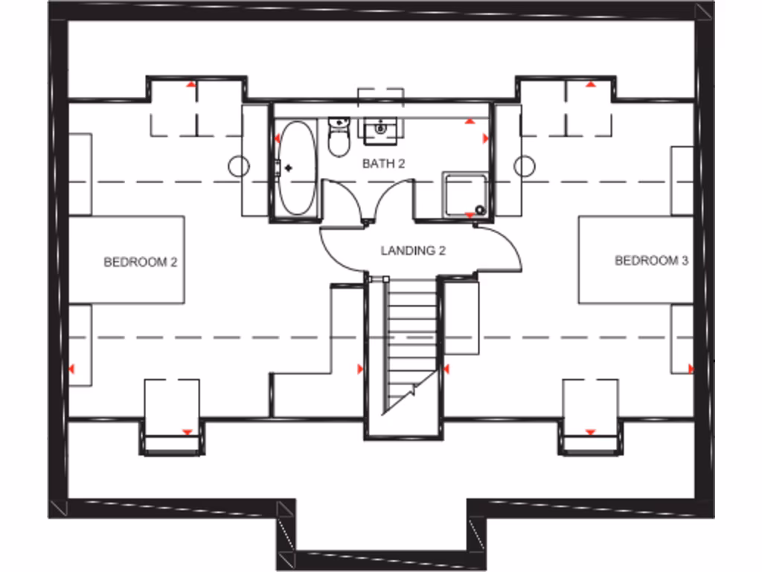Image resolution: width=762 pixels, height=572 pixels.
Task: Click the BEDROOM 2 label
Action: [x=140, y=262]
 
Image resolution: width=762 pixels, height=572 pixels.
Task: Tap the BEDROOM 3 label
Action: [x=651, y=261]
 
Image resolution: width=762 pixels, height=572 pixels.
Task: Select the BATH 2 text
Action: [x=383, y=164]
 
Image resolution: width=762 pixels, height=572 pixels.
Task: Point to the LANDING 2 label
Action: [x=413, y=251]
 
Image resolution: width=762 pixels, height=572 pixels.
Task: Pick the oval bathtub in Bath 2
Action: [x=298, y=168]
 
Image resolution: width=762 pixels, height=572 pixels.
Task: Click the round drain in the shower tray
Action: [x=480, y=210]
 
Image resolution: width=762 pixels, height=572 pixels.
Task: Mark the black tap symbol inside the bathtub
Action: [x=288, y=168]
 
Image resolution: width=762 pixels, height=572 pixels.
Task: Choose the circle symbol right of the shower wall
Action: [x=524, y=165]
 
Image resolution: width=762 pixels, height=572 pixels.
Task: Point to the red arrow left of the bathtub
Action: [x=277, y=139]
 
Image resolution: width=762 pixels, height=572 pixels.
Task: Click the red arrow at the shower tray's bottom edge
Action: [x=470, y=215]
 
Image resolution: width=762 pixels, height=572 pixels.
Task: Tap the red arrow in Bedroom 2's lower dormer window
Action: [x=187, y=432]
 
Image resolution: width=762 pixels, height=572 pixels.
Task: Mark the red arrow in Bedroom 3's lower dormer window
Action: [x=590, y=432]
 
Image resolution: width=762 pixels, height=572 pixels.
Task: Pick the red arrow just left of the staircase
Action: [x=360, y=369]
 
